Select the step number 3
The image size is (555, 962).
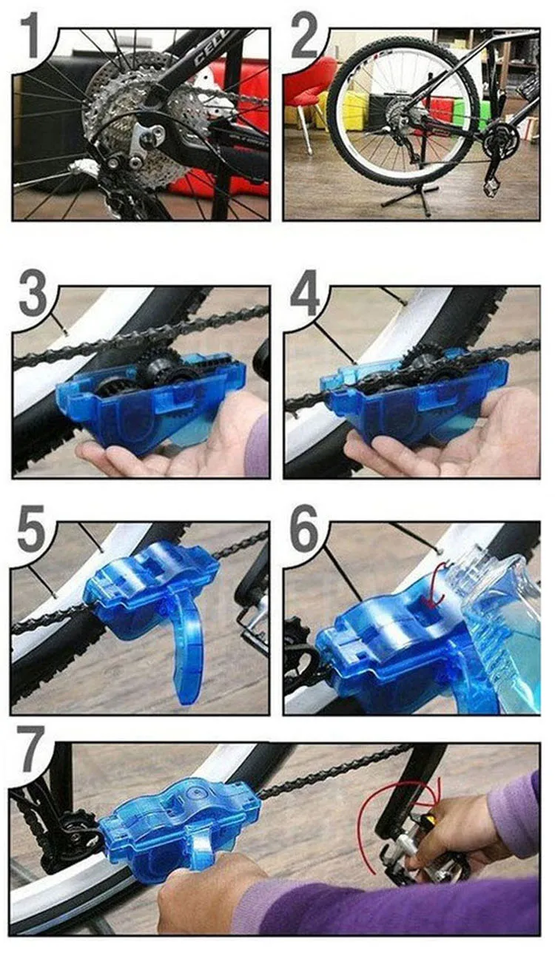pos(33,292)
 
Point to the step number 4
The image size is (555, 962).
pos(305,293)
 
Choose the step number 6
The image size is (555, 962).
pos(305,528)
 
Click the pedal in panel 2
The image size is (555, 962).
pos(491,189)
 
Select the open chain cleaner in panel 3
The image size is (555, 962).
pos(150,400)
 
